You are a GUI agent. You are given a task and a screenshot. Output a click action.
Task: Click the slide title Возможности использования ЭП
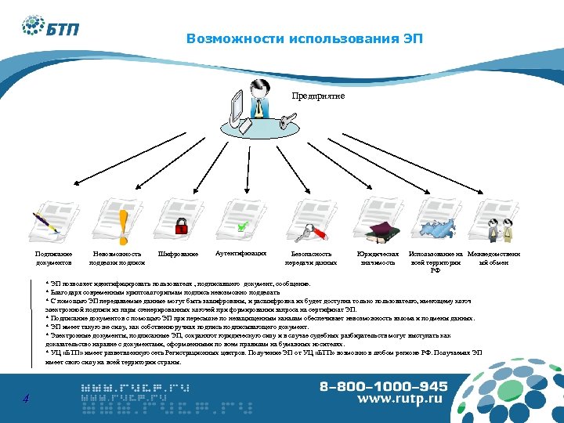[305, 39]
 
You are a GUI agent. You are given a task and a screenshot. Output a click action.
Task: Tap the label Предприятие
[318, 96]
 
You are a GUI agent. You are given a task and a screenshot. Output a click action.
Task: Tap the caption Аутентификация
[240, 254]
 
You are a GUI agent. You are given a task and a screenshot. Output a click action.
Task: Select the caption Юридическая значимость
[378, 258]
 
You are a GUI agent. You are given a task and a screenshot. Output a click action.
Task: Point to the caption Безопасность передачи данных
[311, 258]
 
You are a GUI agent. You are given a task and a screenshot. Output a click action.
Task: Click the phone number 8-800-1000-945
[383, 386]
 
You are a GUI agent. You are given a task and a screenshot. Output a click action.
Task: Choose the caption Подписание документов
[53, 258]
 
